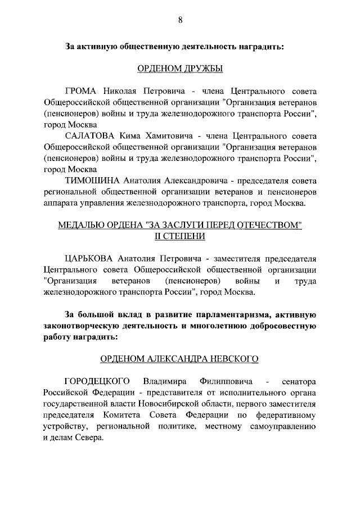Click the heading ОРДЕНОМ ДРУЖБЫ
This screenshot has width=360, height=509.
(x=180, y=69)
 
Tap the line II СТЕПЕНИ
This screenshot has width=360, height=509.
(x=180, y=236)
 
